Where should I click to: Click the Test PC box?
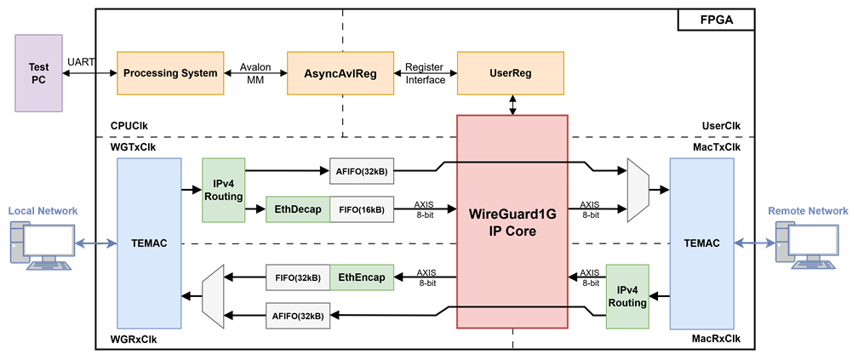pos(39,73)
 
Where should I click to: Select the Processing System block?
pos(170,73)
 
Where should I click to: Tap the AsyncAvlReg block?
pos(340,73)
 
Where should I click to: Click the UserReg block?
pos(511,73)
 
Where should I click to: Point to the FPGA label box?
pos(717,20)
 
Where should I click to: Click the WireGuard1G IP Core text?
pos(512,222)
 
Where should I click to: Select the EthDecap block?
pos(298,209)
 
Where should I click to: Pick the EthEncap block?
pos(362,278)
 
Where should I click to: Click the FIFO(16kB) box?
pos(362,209)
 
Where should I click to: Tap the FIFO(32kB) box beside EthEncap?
pos(298,278)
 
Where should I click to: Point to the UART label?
pos(81,62)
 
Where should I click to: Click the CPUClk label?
pos(129,126)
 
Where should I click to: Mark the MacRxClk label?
pos(718,340)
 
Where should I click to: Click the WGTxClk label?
pos(133,148)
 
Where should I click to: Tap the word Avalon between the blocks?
pos(255,66)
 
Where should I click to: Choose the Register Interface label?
pos(426,73)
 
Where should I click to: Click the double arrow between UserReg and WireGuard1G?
pos(512,105)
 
